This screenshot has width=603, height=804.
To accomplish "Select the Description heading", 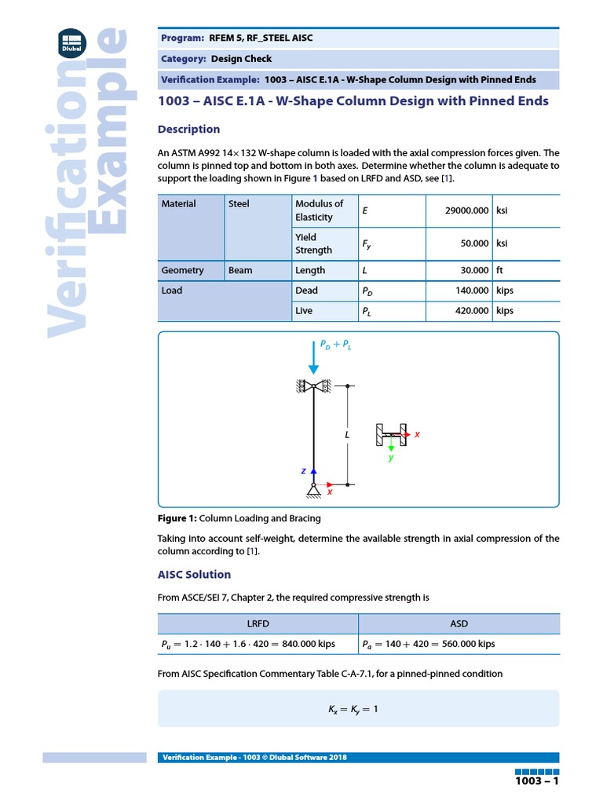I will click(188, 130).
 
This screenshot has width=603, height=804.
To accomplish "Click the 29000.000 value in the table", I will click(466, 210).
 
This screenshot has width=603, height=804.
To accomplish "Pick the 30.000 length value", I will click(474, 270).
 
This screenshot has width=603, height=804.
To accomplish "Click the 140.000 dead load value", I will click(471, 291).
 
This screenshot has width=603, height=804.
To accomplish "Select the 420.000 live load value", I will click(471, 311).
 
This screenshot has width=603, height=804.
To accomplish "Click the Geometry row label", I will click(182, 270).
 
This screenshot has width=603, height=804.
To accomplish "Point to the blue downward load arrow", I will click(313, 357).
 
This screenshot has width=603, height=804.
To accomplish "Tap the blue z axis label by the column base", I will click(303, 471).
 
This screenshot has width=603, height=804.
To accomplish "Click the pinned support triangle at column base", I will click(313, 491).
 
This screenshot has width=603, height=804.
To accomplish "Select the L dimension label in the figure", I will click(345, 434).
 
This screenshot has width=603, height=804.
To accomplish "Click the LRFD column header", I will click(258, 624).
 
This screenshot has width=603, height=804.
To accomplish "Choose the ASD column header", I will click(459, 624).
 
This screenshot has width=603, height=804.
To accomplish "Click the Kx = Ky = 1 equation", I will click(353, 709).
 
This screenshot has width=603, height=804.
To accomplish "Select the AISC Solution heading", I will click(194, 575).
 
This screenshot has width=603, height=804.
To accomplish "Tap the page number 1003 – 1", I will click(536, 782).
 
